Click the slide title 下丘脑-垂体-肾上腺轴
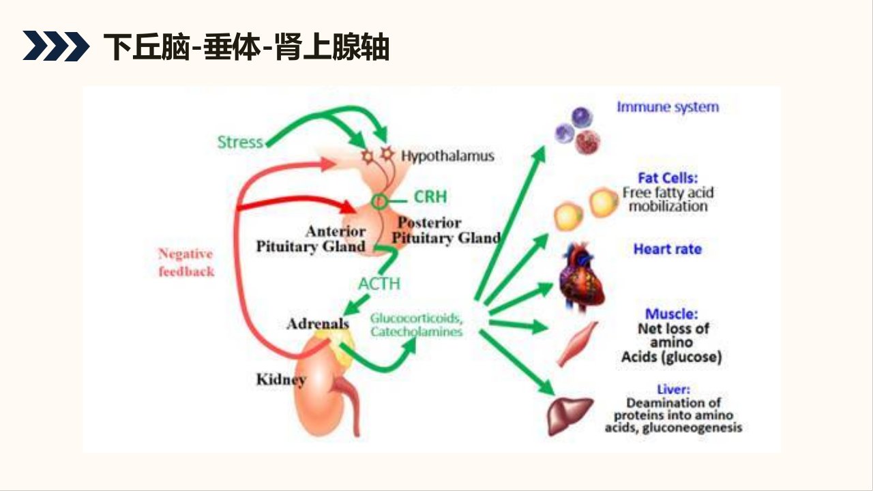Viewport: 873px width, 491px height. click(x=246, y=47)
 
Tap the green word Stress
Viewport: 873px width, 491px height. click(x=240, y=143)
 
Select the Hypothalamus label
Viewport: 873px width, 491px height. click(x=447, y=156)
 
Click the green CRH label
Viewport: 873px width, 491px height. click(x=430, y=196)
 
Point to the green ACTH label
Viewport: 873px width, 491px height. click(x=379, y=284)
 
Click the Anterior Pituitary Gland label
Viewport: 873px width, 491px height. click(x=311, y=239)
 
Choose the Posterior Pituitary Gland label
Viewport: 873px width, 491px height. click(x=446, y=230)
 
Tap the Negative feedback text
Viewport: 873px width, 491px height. click(x=186, y=263)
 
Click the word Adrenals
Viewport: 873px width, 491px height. click(x=318, y=323)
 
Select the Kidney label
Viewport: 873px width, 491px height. click(x=281, y=380)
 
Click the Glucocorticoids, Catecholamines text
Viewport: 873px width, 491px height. click(x=416, y=325)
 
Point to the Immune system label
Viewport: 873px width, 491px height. click(x=668, y=107)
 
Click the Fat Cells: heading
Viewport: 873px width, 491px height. click(x=668, y=178)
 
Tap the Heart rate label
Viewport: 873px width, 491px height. click(x=668, y=249)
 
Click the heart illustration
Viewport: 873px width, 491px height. click(x=582, y=278)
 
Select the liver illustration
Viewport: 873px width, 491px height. click(x=570, y=416)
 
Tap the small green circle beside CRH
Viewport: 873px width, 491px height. click(x=379, y=201)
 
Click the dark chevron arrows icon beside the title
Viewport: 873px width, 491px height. click(x=56, y=46)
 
